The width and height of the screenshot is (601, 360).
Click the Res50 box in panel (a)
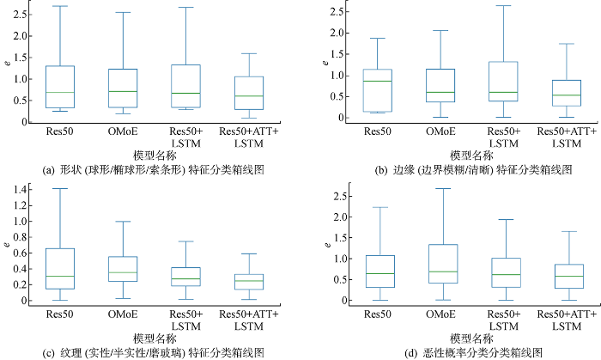click(60, 87)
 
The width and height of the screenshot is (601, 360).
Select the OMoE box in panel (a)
click(124, 88)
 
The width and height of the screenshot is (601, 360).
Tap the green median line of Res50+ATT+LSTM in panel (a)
click(250, 96)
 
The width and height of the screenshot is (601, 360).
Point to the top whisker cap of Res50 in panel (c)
click(60, 188)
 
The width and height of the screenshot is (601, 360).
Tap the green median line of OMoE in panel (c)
click(124, 272)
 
